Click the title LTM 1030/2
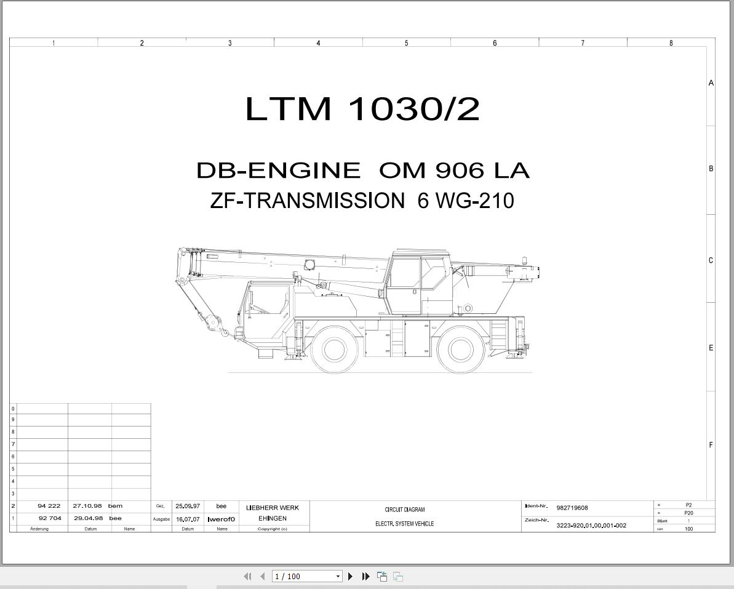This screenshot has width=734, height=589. (362, 108)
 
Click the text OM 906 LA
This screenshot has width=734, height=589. (454, 170)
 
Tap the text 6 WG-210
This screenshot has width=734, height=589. (466, 201)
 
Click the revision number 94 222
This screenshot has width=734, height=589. (49, 506)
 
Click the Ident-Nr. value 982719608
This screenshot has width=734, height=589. (572, 508)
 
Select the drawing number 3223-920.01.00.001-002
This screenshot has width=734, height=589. (591, 526)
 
